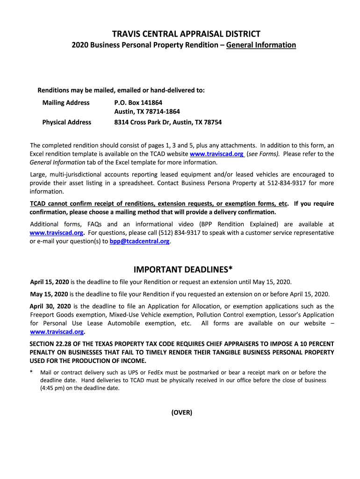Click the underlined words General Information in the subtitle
[x=261, y=45]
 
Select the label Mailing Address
[x=66, y=102]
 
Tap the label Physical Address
[x=67, y=123]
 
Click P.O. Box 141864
[x=138, y=102]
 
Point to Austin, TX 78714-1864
[x=147, y=112]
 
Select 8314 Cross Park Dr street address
[x=168, y=123]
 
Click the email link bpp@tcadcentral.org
[x=139, y=241]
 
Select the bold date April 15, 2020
[x=50, y=283]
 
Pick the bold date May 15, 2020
[x=49, y=294]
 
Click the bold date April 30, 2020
[x=50, y=306]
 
